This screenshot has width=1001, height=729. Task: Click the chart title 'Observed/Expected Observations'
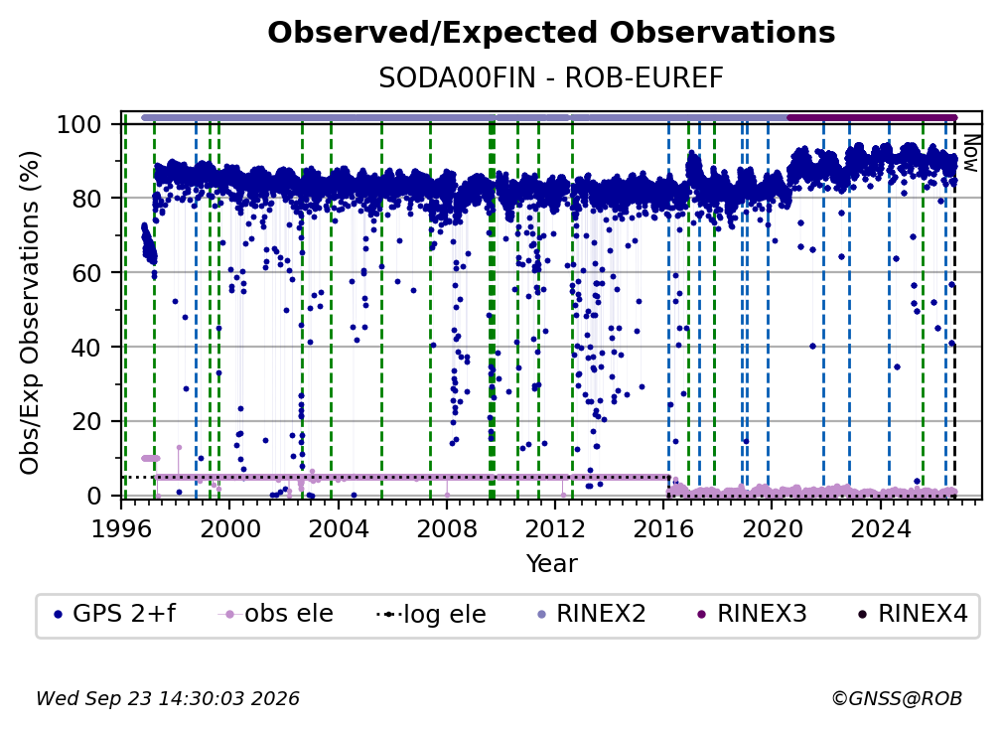click(x=551, y=33)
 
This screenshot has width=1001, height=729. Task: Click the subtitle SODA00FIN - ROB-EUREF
click(x=551, y=78)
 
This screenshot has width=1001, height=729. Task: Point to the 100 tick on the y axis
click(x=79, y=124)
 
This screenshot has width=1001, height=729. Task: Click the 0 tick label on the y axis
click(x=94, y=496)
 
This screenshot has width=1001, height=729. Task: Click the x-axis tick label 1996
click(x=121, y=528)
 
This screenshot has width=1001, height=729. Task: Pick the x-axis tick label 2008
click(x=446, y=528)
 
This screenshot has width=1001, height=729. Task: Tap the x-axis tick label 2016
click(x=662, y=528)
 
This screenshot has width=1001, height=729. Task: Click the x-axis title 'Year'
click(x=551, y=564)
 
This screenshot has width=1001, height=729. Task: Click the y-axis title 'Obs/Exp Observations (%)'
click(x=30, y=312)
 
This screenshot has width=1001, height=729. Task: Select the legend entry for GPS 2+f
click(x=115, y=614)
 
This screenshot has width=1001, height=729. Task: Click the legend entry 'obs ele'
click(x=276, y=614)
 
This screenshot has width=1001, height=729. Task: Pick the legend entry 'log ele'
click(x=432, y=615)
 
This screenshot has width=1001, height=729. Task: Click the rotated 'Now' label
click(x=969, y=153)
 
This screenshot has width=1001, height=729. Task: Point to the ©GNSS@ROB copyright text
click(x=897, y=698)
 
